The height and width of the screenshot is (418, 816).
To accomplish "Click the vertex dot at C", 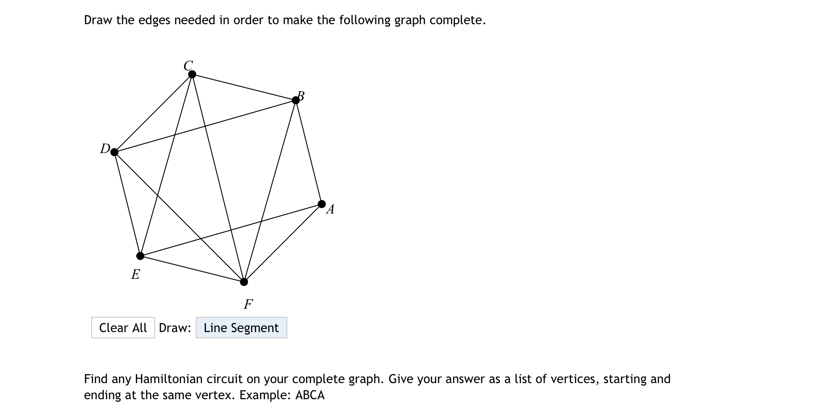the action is coord(192,74).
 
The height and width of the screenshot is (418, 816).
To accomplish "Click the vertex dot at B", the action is coord(296,100).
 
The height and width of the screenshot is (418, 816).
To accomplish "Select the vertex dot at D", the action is coord(114,152).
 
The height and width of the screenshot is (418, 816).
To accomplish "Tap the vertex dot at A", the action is coord(322,204).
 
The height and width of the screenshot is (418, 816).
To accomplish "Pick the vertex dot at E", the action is coord(140,256).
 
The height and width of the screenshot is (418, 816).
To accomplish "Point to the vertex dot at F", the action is coord(244,282).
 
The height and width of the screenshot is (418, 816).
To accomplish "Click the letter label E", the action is coord(135,274).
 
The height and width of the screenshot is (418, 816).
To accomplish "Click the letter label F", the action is coord(248,304).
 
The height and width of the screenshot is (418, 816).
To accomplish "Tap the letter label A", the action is coord(331,209).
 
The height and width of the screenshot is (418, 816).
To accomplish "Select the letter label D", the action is coord(105,148).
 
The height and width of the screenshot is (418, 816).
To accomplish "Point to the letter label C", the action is coord(188,65).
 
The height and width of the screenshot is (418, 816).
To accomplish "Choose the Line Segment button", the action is coord(241,328).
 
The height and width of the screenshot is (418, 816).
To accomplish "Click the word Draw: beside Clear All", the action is coord(175,328).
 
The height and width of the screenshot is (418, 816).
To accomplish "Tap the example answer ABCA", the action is coord(310,395).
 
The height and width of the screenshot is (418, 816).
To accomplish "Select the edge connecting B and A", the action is coord(309,152).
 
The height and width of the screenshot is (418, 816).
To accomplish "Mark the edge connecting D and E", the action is coord(127,204).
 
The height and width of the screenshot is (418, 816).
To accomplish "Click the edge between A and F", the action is coord(283,243).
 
